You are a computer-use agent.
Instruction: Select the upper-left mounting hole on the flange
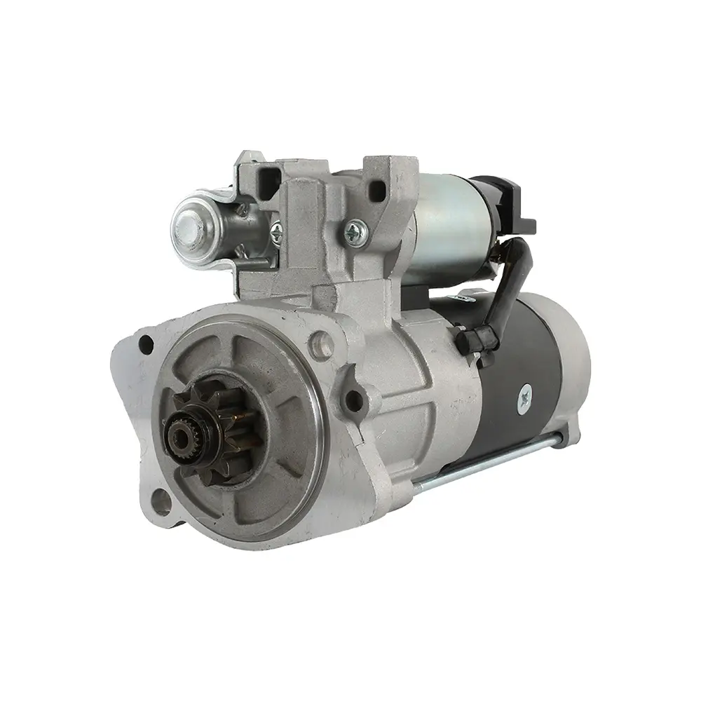tap(146, 344)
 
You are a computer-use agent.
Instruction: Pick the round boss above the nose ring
tap(321, 343)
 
